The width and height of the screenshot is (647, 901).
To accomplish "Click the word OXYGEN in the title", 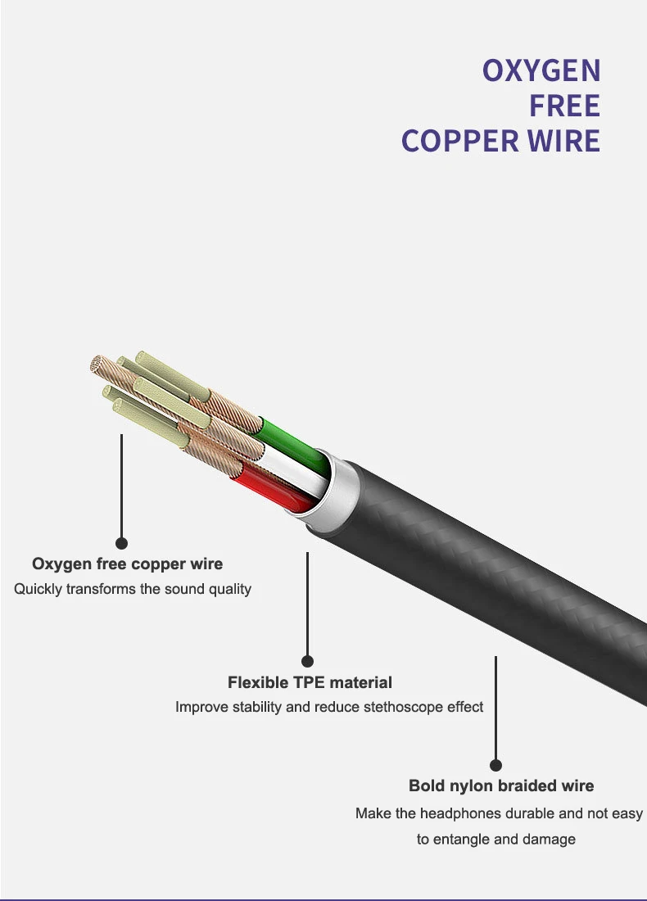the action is coord(541,70).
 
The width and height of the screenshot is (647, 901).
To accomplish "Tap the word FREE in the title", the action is coord(565,106).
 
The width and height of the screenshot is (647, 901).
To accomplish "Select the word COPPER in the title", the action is coord(459,142).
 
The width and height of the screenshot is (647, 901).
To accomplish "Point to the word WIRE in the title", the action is coord(563,142).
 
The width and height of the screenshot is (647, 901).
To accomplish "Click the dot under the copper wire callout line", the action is coord(121,543).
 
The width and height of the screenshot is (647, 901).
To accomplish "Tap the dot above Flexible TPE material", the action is coord(307,661).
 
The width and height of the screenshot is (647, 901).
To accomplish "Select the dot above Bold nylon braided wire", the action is coord(495,765).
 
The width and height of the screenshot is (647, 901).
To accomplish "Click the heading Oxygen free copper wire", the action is coord(128,564).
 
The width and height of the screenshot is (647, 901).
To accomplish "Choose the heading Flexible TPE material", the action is coord(310,682).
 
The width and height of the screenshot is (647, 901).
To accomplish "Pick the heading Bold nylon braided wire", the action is coord(501,786).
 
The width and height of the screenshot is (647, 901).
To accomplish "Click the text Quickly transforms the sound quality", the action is coord(133,589).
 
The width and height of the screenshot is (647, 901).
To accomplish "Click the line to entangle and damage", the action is coord(495,840).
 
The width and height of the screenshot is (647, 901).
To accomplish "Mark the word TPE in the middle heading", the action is coord(309,682).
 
